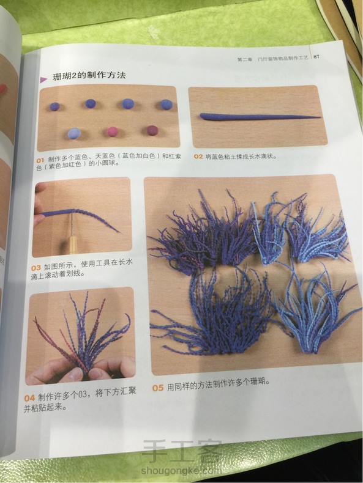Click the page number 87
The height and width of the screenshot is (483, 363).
(x=316, y=57)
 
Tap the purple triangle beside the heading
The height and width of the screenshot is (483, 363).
(x=43, y=79)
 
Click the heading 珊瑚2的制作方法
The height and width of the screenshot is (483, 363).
(x=89, y=75)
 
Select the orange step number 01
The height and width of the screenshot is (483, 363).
(x=40, y=160)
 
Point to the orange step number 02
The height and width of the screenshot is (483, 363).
(x=198, y=157)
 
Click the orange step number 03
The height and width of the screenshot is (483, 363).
(x=36, y=268)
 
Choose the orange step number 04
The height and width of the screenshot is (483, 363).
(x=29, y=398)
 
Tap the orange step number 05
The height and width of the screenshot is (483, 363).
(x=157, y=388)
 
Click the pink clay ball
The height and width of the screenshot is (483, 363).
(x=112, y=131)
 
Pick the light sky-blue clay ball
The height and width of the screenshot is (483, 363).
(x=74, y=133)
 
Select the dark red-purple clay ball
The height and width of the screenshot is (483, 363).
(x=152, y=130)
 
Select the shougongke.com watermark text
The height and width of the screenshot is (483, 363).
(x=181, y=471)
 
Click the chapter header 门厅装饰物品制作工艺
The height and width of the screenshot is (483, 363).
(x=283, y=58)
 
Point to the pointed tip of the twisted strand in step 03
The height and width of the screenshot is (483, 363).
(x=119, y=232)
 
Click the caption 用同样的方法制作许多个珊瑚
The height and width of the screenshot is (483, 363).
(x=219, y=385)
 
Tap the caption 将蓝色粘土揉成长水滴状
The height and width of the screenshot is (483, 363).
(x=241, y=157)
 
